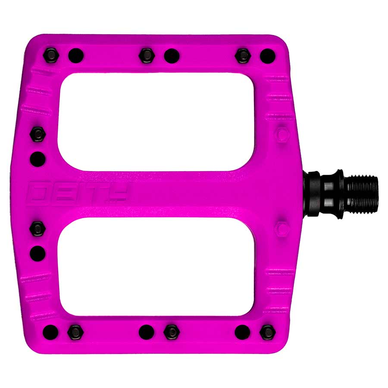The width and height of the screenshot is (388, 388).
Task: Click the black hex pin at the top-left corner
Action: coord(50,55)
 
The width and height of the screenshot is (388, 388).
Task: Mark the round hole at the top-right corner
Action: coord(267,55)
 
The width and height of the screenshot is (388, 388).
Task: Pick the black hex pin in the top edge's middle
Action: coord(147,55)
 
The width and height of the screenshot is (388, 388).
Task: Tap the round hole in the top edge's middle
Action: coord(171,55)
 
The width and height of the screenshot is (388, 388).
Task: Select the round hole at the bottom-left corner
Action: coord(50,332)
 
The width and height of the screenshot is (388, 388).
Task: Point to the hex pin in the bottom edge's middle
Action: coord(171,332)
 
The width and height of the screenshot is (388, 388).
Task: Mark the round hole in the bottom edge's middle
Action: coord(147,332)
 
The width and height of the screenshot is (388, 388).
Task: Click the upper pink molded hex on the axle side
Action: coord(282,134)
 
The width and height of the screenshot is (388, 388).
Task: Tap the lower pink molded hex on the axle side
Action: coord(282,227)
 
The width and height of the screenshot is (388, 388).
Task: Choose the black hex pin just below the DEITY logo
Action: coord(38,227)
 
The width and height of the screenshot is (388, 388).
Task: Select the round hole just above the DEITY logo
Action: coord(38,159)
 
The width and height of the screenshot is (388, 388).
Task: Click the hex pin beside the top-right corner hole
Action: coord(243,55)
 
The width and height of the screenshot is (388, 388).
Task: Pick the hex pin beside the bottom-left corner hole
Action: coord(75,332)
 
